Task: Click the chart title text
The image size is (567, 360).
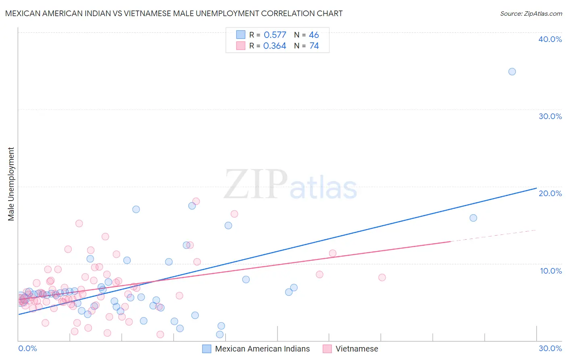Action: pyautogui.click(x=174, y=13)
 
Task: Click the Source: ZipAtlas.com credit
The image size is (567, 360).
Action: pyautogui.click(x=531, y=13)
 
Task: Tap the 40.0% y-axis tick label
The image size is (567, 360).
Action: pyautogui.click(x=550, y=39)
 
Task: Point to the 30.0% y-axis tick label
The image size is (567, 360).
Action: pyautogui.click(x=550, y=116)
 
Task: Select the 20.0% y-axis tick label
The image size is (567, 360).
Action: pyautogui.click(x=550, y=193)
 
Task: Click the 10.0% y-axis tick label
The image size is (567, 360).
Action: pyautogui.click(x=550, y=271)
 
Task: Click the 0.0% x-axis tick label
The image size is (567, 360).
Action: pyautogui.click(x=27, y=348)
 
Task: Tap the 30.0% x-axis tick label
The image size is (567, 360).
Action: pyautogui.click(x=550, y=348)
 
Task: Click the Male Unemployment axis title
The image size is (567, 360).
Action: pyautogui.click(x=11, y=184)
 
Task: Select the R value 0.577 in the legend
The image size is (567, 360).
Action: pyautogui.click(x=275, y=35)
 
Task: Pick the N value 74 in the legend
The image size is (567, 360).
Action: pyautogui.click(x=314, y=46)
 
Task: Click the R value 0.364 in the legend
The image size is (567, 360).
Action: pyautogui.click(x=275, y=46)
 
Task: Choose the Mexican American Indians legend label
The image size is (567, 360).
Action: pyautogui.click(x=262, y=349)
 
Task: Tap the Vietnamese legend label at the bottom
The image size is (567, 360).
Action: pyautogui.click(x=356, y=349)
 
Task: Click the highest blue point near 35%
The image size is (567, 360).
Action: pyautogui.click(x=512, y=72)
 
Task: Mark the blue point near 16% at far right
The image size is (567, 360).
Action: pyautogui.click(x=473, y=218)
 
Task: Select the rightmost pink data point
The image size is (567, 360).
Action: pyautogui.click(x=382, y=277)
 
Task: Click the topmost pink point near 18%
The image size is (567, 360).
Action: pyautogui.click(x=196, y=201)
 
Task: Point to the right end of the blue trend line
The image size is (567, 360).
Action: pyautogui.click(x=536, y=188)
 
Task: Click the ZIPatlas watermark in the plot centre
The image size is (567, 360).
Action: pyautogui.click(x=290, y=185)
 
